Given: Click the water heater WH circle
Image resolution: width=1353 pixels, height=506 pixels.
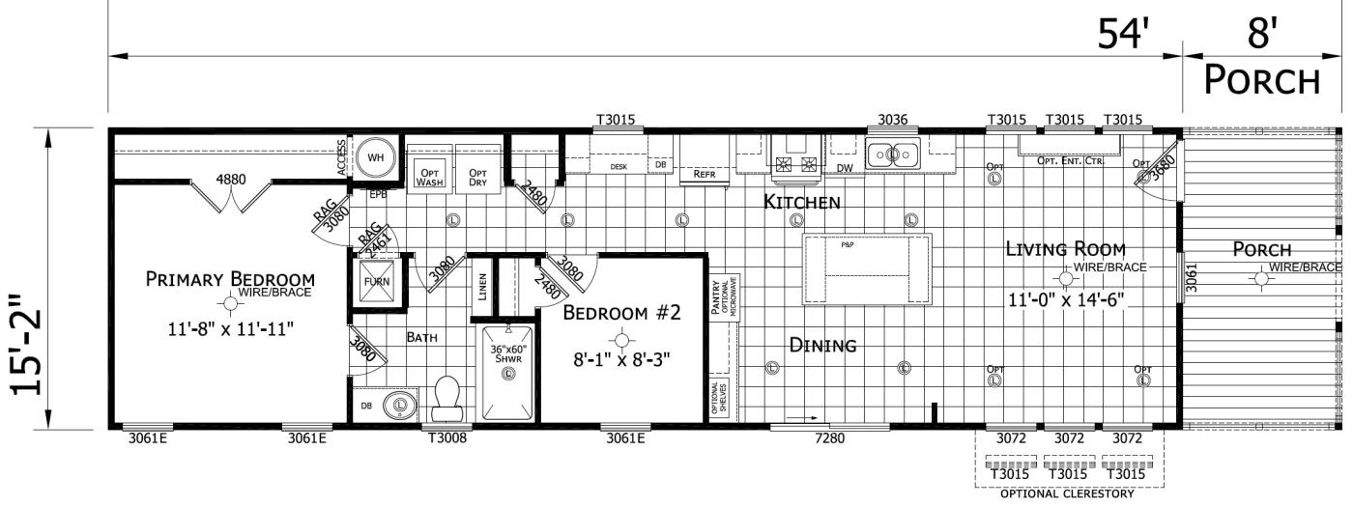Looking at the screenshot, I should (374, 156).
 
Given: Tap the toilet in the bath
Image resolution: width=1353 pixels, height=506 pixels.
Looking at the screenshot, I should (447, 399).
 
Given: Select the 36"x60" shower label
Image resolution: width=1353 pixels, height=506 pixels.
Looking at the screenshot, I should (507, 355).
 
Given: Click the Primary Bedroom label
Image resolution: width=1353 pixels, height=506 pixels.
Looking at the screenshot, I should (230, 280).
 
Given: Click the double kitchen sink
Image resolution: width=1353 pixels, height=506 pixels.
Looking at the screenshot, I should (894, 154).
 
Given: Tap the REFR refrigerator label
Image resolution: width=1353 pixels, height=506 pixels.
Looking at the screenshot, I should (704, 175).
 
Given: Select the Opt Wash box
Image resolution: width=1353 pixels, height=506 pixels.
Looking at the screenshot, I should (429, 175).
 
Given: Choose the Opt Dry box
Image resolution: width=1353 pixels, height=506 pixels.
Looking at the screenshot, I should (478, 175).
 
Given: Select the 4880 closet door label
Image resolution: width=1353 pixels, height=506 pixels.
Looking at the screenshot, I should (230, 179).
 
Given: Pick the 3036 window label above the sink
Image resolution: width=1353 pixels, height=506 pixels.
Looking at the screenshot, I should (892, 120).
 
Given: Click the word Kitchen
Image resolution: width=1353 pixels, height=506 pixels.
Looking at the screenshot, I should (801, 203).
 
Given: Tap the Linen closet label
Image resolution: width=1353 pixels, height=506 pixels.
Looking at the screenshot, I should (482, 287).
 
